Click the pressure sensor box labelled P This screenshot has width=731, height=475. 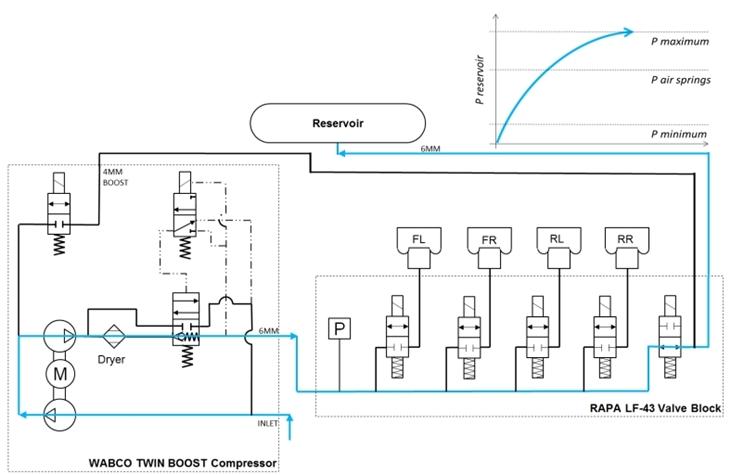click(x=340, y=328)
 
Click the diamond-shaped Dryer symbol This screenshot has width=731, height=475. click(x=111, y=330)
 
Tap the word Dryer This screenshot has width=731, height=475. click(x=111, y=359)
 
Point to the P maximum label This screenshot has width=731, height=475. click(x=680, y=42)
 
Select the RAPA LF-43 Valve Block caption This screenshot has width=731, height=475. click(x=646, y=408)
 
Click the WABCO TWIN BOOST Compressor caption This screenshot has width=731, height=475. click(x=187, y=461)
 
